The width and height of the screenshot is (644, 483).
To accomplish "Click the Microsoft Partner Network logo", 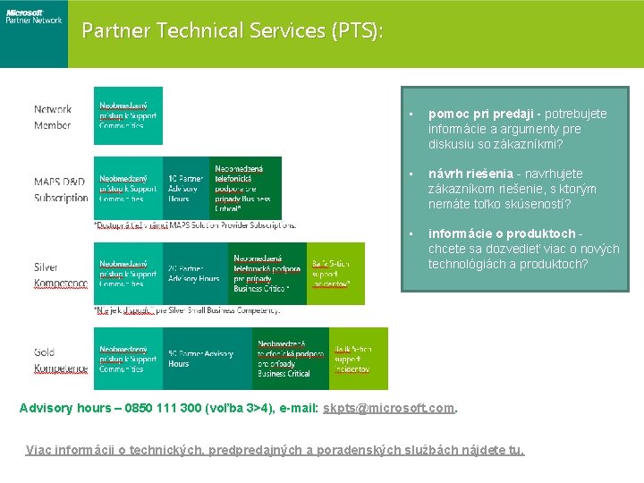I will click(33, 17).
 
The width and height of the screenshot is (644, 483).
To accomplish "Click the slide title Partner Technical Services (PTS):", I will click(233, 30).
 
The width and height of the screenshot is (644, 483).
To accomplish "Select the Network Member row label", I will click(53, 117).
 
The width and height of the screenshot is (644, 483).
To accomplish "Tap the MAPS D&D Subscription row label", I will click(61, 190).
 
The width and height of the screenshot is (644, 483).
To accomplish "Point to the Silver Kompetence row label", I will click(60, 275).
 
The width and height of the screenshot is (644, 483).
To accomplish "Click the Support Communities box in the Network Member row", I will click(128, 115).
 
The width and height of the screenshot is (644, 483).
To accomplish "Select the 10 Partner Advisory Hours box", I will click(186, 188).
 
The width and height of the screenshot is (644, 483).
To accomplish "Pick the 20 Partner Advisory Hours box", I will click(194, 273).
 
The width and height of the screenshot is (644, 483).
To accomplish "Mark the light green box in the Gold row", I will click(358, 359).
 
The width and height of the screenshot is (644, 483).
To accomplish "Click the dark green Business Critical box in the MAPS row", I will click(245, 188).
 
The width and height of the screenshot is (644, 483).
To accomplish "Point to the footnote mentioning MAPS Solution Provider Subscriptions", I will click(195, 224).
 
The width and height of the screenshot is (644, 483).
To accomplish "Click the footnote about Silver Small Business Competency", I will click(187, 309).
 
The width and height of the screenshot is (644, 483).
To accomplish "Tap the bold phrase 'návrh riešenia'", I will click(470, 174).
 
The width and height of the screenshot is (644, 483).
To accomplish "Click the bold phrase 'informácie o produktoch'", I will click(501, 233).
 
